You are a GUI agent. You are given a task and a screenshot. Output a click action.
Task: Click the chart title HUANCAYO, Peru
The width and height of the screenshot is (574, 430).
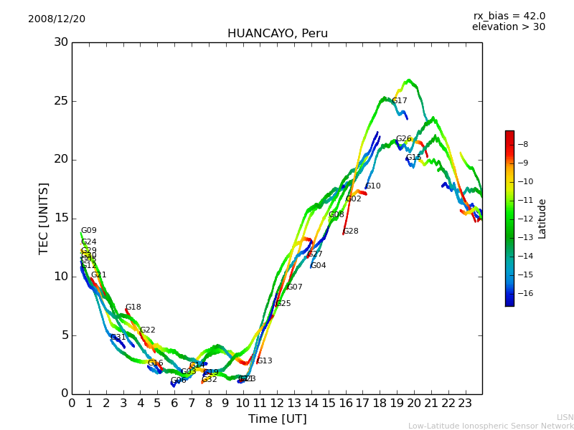tap(277, 34)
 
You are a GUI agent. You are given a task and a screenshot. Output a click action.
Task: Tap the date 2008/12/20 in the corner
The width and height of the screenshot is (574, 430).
tap(57, 19)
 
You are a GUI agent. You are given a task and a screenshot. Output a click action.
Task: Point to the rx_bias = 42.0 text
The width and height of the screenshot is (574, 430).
tap(509, 16)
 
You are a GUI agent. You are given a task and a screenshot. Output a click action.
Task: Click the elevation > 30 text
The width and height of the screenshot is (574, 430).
tap(508, 27)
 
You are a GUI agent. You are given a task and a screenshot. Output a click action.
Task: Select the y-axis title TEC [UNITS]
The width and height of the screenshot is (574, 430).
tap(44, 218)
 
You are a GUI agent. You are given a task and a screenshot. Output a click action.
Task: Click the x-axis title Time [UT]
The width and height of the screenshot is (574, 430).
tap(277, 419)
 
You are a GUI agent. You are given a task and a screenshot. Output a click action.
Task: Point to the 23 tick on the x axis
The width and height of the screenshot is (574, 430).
tap(465, 403)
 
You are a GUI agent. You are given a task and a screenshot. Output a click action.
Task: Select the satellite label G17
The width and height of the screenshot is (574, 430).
tap(399, 101)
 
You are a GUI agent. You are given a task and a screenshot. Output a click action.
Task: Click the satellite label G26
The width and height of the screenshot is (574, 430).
tap(404, 139)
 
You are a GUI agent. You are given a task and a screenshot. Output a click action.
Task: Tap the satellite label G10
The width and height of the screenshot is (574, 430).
tap(373, 186)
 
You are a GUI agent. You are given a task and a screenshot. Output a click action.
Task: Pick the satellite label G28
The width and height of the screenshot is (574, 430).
tap(351, 231)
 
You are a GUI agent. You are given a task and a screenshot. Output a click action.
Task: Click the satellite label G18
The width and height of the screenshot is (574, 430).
tap(133, 307)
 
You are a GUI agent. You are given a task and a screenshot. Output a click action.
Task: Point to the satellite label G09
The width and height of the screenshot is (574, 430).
tap(88, 231)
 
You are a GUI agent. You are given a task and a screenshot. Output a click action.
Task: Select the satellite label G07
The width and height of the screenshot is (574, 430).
tap(294, 287)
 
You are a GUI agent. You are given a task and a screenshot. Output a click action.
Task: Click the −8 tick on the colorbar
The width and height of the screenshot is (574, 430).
tap(524, 144)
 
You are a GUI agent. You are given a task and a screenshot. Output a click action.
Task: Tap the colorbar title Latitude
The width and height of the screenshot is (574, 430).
tap(542, 218)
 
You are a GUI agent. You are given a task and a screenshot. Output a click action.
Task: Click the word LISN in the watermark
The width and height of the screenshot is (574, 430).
tap(565, 417)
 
